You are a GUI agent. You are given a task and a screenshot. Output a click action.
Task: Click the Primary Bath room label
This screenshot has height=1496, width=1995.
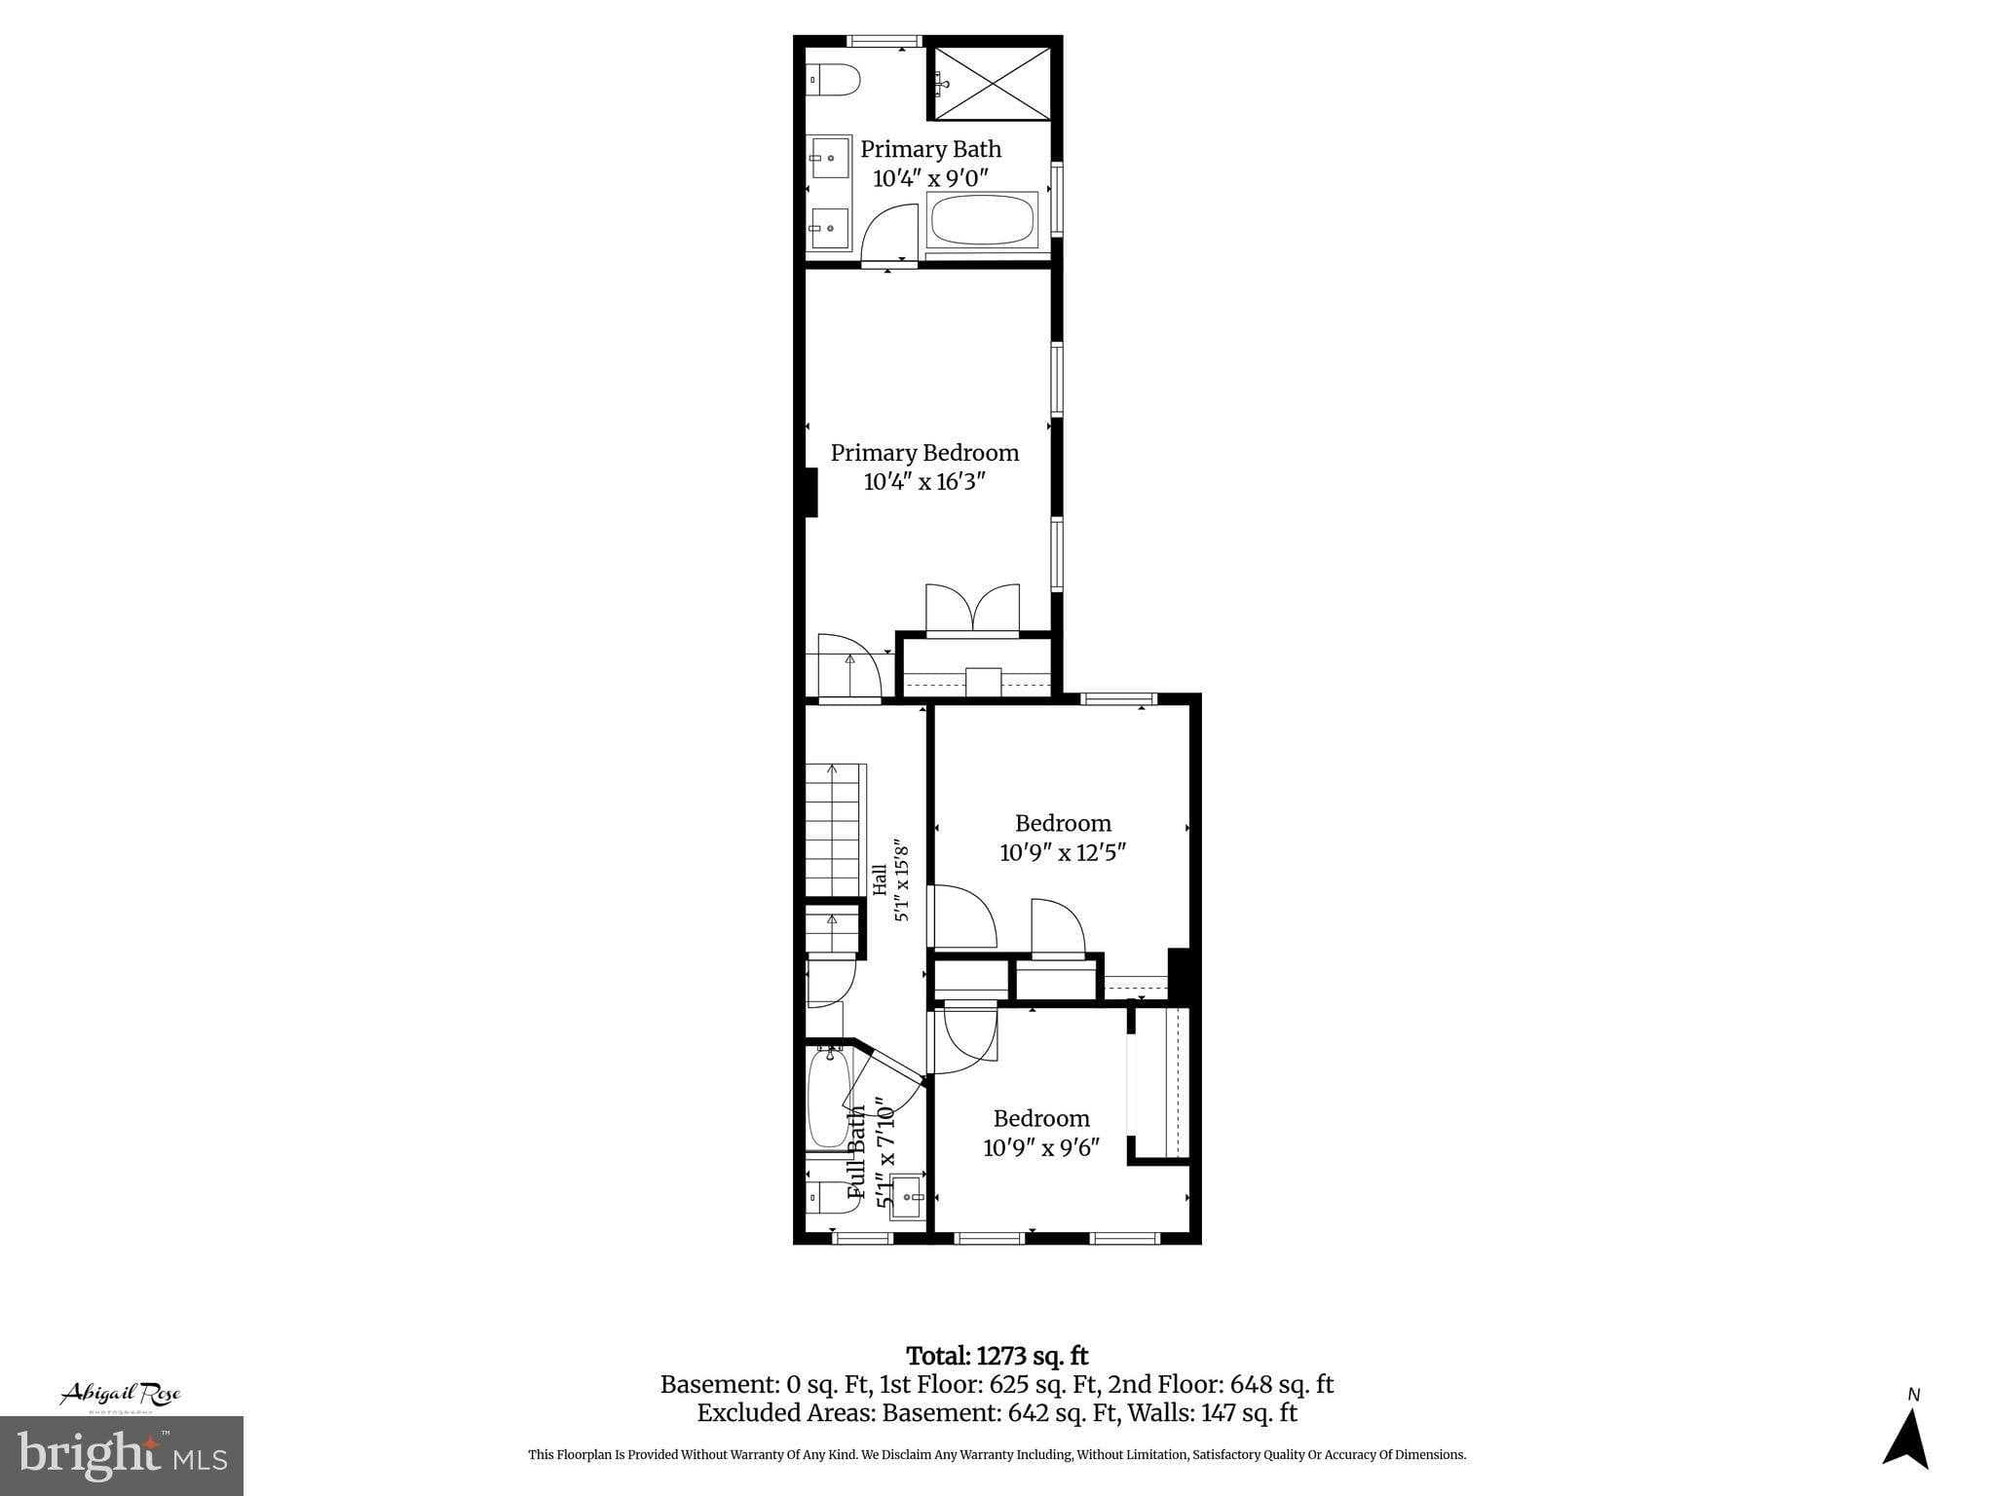coord(930,150)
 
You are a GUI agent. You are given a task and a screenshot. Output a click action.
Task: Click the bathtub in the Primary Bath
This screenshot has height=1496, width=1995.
coord(981,221)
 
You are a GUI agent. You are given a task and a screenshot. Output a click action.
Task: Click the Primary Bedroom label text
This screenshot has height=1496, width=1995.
coord(924,453)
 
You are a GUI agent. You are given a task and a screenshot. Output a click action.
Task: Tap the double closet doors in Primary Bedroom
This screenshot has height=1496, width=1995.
coord(972,611)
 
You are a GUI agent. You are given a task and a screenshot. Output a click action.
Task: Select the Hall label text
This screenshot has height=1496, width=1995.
coord(880,879)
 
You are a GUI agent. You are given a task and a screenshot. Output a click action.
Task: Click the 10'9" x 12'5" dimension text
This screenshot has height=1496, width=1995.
coord(1063,853)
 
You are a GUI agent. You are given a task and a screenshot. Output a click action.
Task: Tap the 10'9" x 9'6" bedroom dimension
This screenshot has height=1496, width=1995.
coord(1041,1148)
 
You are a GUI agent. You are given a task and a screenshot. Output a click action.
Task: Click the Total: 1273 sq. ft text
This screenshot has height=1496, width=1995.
coord(997,1356)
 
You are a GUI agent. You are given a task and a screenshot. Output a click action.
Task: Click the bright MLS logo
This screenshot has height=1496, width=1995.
coord(121,1455)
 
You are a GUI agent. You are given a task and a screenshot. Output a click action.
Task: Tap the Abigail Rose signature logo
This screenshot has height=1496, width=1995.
coord(121,1395)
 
